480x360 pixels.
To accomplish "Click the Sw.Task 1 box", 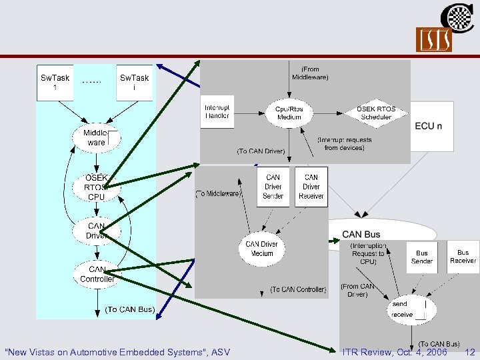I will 55,83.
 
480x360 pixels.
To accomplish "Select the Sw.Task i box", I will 135,83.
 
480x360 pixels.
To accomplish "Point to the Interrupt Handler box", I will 217,112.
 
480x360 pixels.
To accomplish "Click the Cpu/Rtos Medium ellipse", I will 289,113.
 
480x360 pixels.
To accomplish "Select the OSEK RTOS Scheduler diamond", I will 376,113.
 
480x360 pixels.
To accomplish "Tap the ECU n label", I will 429,126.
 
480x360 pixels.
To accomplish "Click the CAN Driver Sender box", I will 273,187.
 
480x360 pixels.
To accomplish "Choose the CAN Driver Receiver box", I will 311,187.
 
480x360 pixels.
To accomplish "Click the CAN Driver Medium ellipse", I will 261,249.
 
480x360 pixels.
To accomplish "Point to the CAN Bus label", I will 361,234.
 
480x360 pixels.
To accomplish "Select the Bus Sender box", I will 422,257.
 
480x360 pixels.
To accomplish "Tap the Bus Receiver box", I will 463,257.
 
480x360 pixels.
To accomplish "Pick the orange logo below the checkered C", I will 434,40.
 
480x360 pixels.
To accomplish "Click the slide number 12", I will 469,352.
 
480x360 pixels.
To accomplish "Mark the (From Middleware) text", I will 310,73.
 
